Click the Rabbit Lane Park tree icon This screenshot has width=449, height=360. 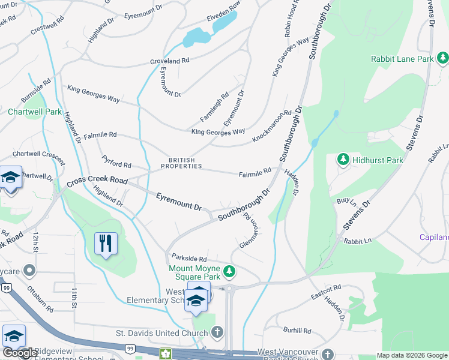pyautogui.click(x=443, y=58)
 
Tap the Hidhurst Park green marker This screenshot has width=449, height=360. pyautogui.click(x=343, y=160)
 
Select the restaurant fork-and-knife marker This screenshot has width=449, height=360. pyautogui.click(x=106, y=243)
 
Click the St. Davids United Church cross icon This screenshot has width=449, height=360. pyautogui.click(x=217, y=332)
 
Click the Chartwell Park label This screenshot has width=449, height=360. pyautogui.click(x=35, y=112)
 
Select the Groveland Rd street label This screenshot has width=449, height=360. pyautogui.click(x=169, y=61)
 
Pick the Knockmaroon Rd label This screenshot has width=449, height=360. pyautogui.click(x=271, y=126)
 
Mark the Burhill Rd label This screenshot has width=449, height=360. pyautogui.click(x=298, y=330)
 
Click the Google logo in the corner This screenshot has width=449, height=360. pyautogui.click(x=20, y=353)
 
